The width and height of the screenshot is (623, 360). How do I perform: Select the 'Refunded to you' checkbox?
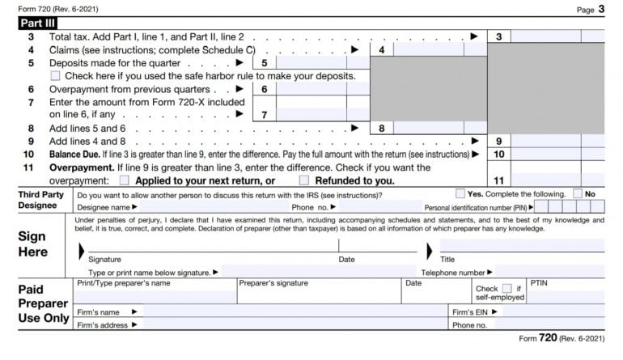click(x=304, y=180)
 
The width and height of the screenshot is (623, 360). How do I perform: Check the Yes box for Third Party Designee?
click(x=460, y=194)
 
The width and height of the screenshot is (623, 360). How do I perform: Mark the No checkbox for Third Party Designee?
click(x=578, y=194)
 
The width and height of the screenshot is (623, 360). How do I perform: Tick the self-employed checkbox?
click(x=506, y=288)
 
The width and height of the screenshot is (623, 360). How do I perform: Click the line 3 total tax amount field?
click(x=558, y=36)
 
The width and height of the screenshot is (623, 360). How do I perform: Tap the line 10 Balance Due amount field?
click(x=558, y=154)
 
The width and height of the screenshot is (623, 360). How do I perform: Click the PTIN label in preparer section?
click(x=539, y=283)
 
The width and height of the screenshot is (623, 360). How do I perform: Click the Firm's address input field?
click(x=291, y=324)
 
